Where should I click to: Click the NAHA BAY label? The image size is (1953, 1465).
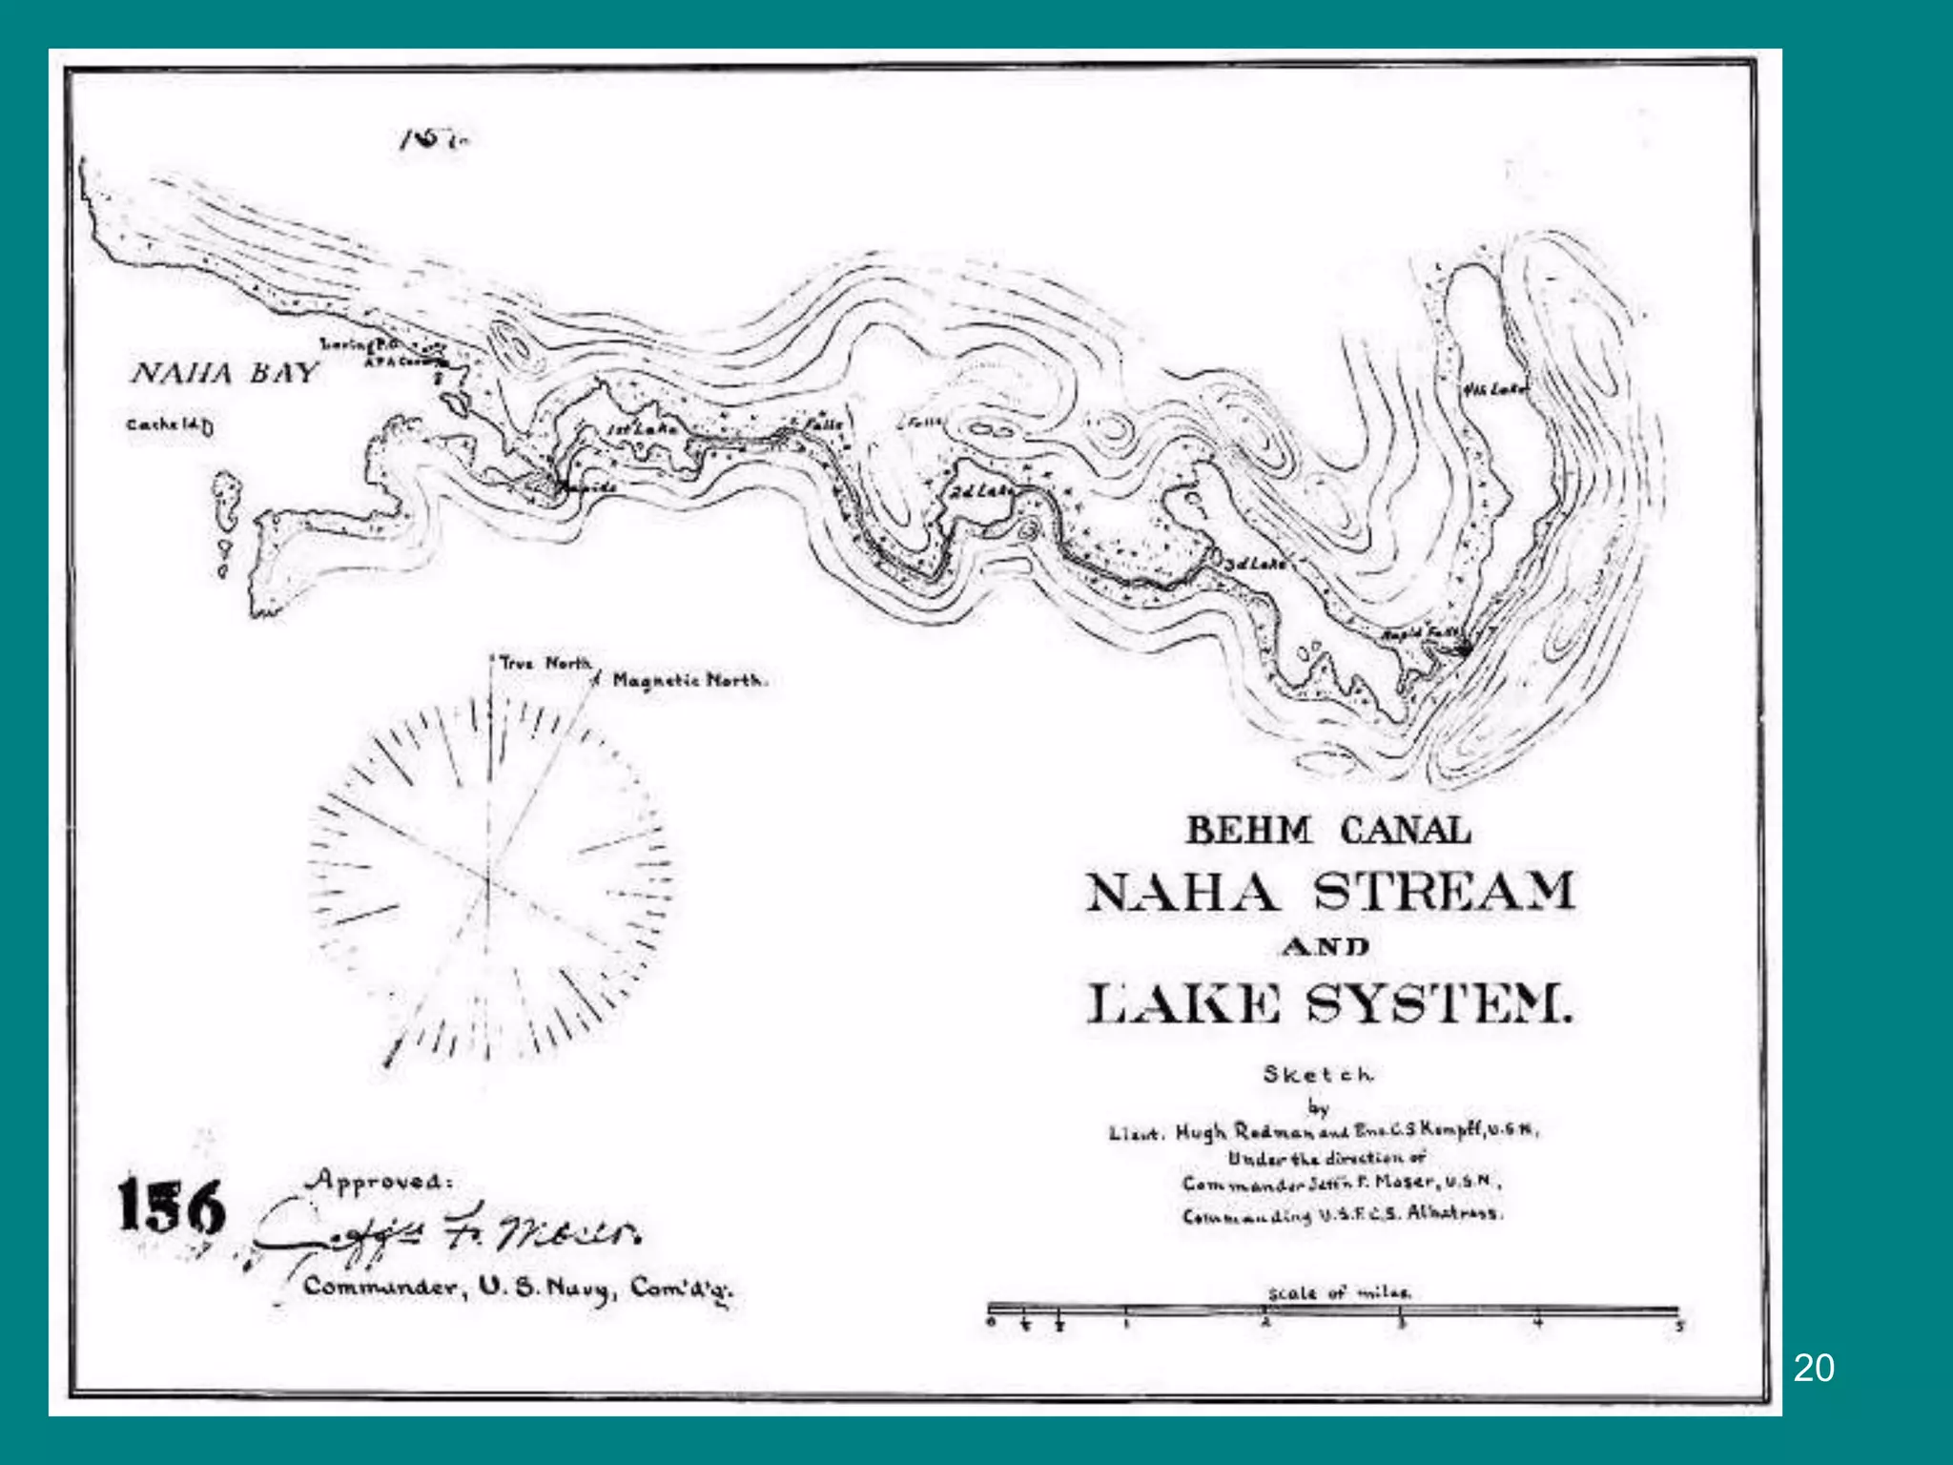(223, 373)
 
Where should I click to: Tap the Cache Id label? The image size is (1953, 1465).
(170, 424)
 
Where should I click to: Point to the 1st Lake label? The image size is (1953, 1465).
(642, 430)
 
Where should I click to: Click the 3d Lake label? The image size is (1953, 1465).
(1254, 564)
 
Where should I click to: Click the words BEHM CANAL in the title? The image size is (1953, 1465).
(1328, 830)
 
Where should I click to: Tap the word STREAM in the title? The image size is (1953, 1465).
(1444, 893)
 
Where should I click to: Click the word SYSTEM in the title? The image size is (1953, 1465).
(1438, 1003)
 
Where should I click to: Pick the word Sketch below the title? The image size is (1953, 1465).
(1319, 1074)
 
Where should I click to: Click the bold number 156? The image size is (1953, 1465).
(172, 1207)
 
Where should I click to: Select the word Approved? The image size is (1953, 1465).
(378, 1181)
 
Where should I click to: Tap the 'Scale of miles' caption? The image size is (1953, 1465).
(1339, 1293)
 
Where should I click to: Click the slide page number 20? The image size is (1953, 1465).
(1813, 1369)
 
